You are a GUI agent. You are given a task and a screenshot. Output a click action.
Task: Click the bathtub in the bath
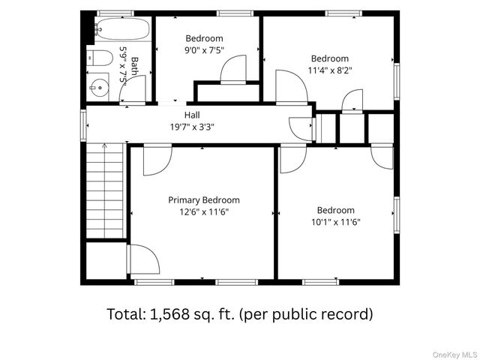coord(122,28)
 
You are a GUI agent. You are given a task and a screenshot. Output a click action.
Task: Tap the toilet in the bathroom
coord(100,58)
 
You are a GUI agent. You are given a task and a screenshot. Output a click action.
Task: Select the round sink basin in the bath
coord(100,88)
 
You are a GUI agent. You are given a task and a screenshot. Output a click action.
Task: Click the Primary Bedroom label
coord(204,200)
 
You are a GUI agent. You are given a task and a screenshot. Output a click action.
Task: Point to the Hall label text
coord(192,115)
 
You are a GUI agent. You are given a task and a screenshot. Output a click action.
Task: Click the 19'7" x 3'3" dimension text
coord(192,127)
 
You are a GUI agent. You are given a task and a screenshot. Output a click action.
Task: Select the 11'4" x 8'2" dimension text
coord(330,70)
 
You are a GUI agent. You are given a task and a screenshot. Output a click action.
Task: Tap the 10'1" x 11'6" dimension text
coord(336,222)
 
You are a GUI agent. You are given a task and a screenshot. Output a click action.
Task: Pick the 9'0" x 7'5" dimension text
coord(204,50)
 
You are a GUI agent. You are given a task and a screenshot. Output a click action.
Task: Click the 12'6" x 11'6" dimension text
coord(204,211)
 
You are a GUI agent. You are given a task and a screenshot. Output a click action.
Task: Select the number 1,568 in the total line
coord(169,314)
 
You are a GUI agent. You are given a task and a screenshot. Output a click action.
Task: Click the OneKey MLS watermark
coord(454,355)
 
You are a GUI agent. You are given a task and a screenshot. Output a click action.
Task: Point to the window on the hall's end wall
coord(83,125)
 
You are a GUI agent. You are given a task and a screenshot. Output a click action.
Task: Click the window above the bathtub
coord(115,13)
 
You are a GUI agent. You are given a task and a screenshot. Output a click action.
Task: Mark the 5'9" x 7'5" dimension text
coord(123,64)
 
